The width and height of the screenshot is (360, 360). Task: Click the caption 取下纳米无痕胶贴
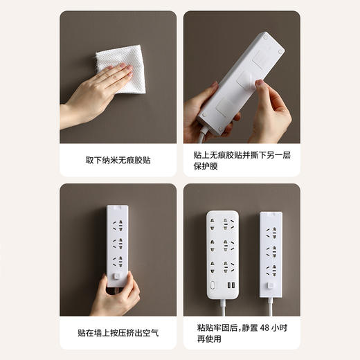tap(118, 160)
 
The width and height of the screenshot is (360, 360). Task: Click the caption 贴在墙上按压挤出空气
tap(118, 333)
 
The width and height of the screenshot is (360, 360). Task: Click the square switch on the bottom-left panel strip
tap(118, 278)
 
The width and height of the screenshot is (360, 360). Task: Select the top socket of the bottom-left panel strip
tap(118, 225)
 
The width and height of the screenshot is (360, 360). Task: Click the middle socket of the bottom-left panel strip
tap(118, 244)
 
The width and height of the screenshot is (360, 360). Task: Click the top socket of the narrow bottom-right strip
tap(272, 232)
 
